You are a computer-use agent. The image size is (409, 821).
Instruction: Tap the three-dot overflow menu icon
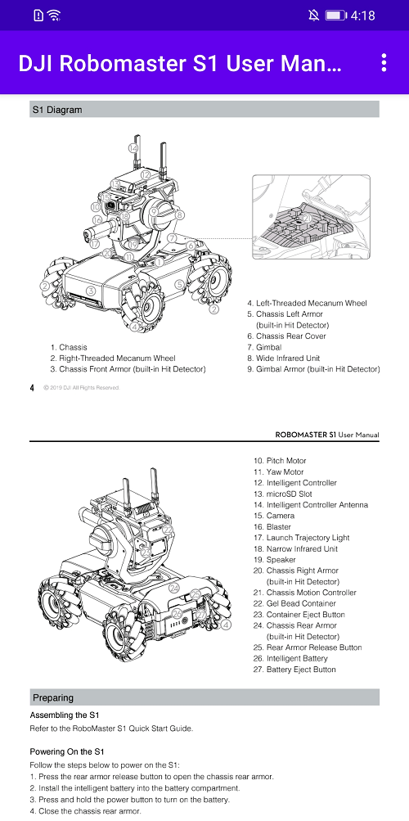[384, 63]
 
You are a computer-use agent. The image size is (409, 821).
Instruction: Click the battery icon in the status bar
[335, 16]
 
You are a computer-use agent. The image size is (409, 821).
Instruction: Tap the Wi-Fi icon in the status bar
[55, 16]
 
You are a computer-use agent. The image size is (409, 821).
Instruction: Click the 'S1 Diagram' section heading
[57, 110]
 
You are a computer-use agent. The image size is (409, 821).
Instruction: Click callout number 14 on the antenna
[133, 147]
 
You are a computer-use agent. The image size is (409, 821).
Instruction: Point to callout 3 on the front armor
[91, 291]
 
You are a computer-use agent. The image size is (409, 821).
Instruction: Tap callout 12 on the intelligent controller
[144, 174]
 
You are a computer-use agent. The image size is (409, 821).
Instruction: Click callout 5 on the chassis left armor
[179, 284]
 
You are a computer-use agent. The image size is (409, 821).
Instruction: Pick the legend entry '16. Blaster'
[272, 527]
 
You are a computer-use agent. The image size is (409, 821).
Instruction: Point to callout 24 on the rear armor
[174, 588]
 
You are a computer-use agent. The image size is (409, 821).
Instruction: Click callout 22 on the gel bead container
[167, 530]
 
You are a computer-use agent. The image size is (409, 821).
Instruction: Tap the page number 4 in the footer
[33, 387]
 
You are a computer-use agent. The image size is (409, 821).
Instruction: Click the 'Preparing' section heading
[53, 697]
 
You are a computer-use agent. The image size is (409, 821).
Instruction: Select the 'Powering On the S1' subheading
[68, 751]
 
